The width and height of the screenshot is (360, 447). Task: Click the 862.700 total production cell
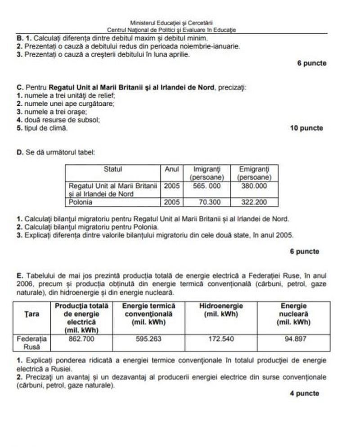[x=81, y=339]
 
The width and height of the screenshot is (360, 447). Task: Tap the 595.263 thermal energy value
[x=148, y=339]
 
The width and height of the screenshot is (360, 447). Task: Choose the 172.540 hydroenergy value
[x=220, y=339]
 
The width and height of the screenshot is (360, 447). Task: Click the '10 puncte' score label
[x=306, y=128]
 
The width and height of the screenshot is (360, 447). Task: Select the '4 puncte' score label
[x=305, y=393]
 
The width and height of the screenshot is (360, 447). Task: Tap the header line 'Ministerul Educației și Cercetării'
[x=171, y=23]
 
